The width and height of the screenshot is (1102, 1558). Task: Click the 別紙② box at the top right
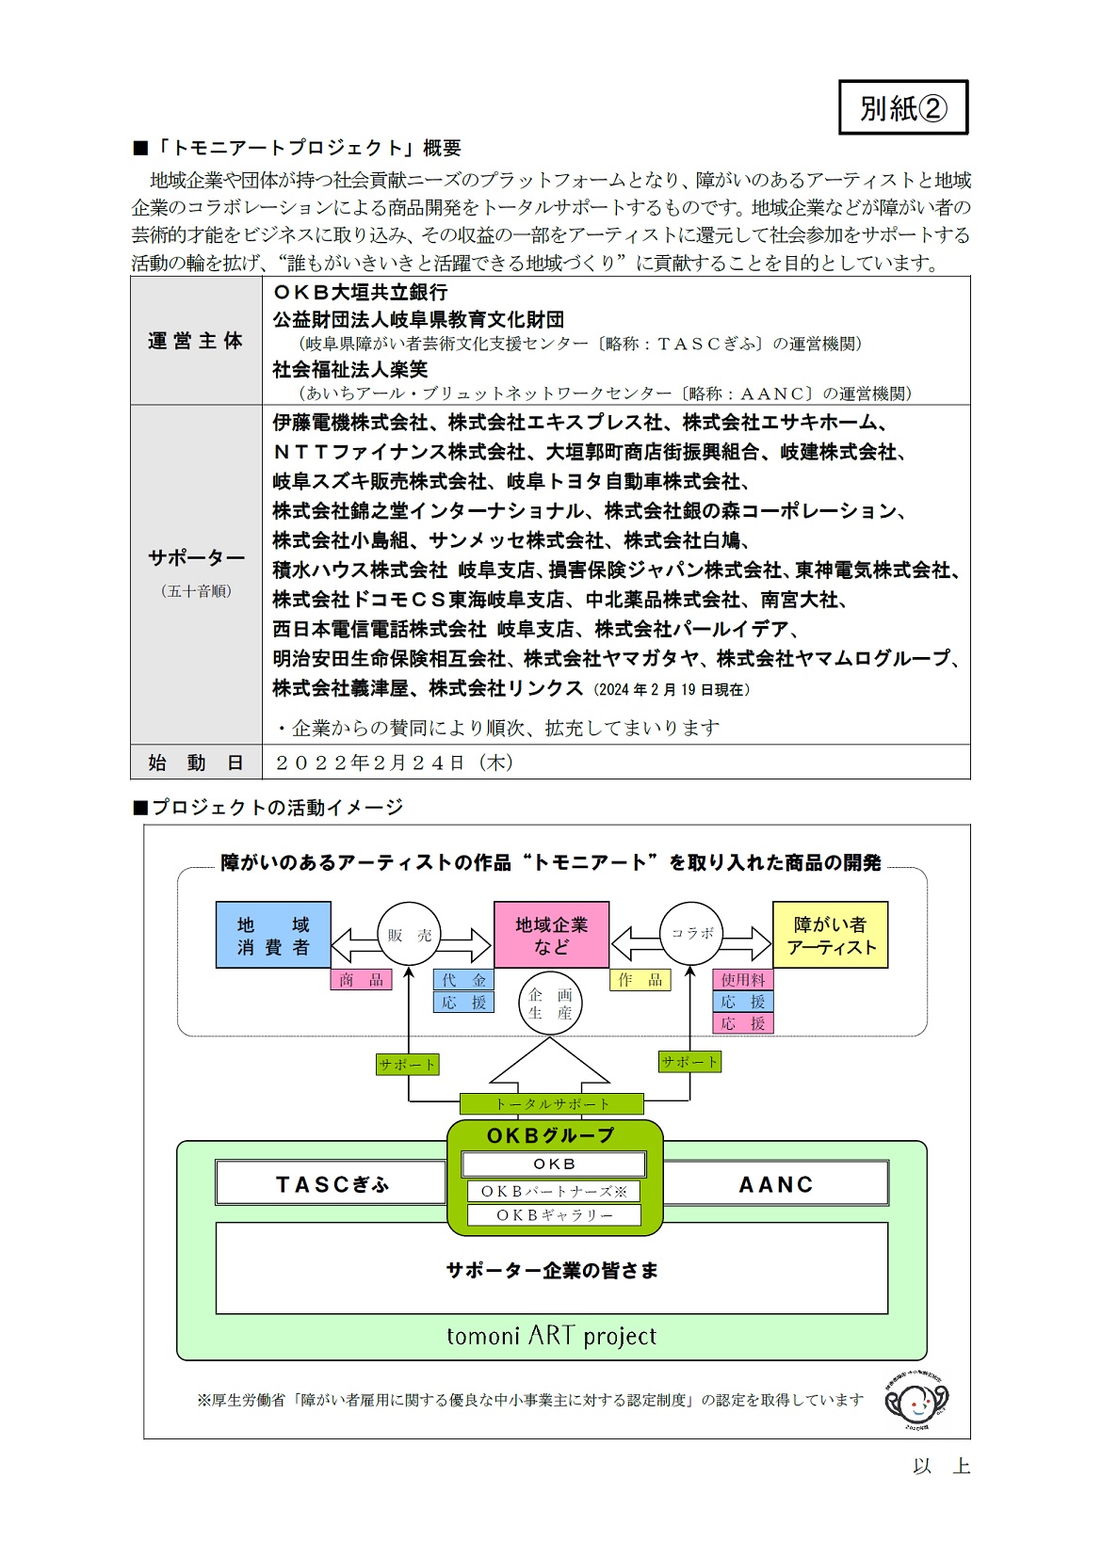pos(903,107)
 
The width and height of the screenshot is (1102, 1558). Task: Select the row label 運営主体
pos(195,341)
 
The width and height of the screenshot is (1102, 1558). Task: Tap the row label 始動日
pos(195,763)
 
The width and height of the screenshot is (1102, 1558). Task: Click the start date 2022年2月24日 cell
pos(395,763)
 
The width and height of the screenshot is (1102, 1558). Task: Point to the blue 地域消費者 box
pos(273,935)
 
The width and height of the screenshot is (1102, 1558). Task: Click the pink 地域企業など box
pos(551,935)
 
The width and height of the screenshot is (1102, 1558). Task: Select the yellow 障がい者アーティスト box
pos(830,935)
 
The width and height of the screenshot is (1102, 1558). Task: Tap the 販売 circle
pos(409,934)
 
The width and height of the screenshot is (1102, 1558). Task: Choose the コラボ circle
pos(691,934)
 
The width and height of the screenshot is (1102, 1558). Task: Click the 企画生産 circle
pos(550,1004)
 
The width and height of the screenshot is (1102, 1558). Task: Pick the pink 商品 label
pos(361,980)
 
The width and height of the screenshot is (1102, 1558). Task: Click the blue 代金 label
pos(463,980)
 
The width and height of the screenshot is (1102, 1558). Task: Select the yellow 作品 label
pos(640,980)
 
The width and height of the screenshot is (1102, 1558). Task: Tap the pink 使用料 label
pos(743,980)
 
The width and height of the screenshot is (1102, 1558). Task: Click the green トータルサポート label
pos(551,1103)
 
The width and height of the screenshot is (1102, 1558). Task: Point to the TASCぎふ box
pos(331,1183)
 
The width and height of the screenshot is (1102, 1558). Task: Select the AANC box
pos(775,1183)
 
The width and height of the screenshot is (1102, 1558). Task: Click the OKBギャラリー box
pos(554,1215)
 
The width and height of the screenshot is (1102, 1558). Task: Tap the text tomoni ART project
pos(551,1336)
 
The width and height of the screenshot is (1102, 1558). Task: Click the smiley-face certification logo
pos(916,1402)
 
